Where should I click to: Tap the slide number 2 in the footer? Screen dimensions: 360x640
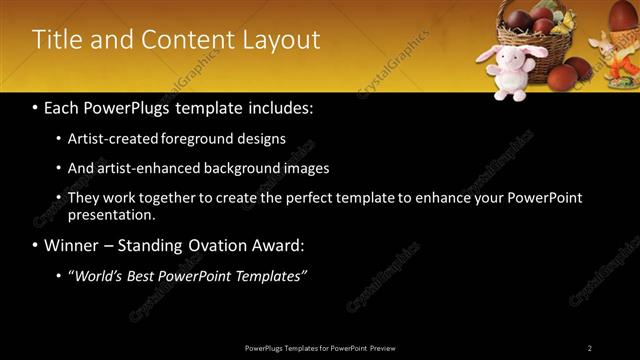590,348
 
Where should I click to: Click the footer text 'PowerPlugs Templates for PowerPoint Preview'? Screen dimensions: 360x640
320,348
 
